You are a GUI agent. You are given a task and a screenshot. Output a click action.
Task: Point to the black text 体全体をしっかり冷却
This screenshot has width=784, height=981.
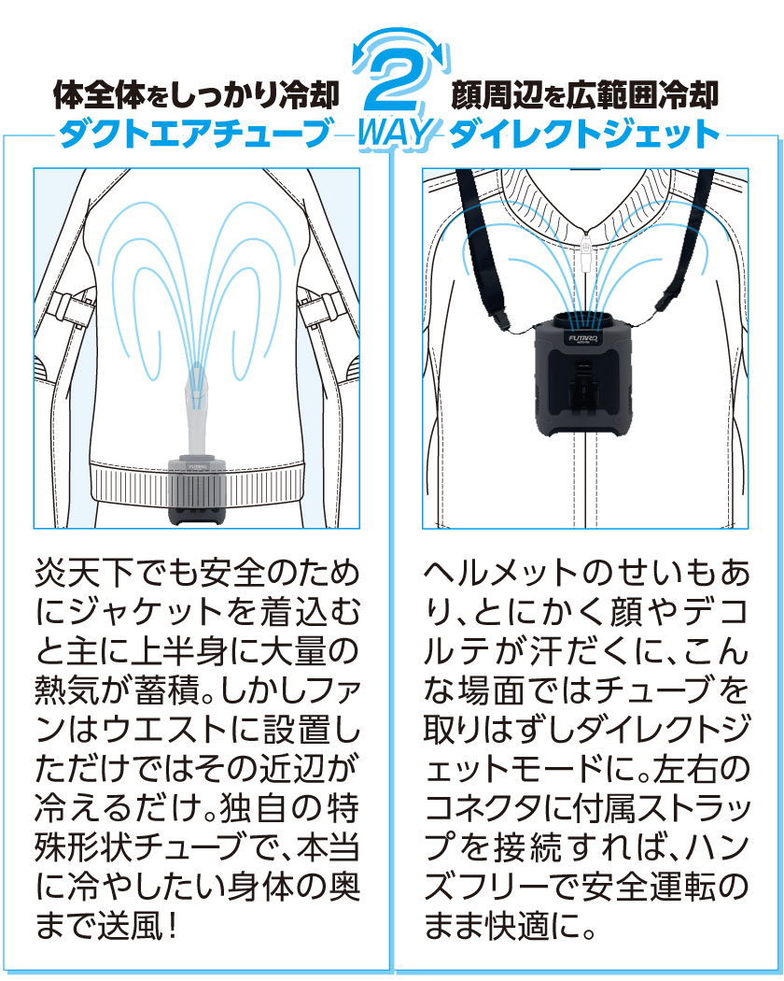196,96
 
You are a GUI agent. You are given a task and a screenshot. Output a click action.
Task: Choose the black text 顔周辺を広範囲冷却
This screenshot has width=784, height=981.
585,96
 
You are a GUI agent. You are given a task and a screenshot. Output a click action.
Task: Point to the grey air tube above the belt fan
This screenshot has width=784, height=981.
196,411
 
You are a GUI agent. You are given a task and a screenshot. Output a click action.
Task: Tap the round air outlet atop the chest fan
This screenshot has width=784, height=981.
585,319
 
